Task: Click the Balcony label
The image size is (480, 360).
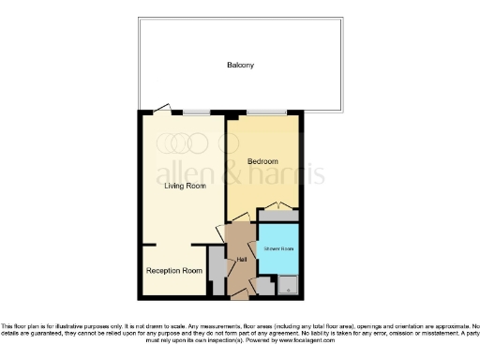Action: [x=240, y=66]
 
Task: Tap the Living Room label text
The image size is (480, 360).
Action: [x=185, y=186]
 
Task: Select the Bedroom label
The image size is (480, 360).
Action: [x=263, y=161]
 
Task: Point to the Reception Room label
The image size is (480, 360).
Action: [x=173, y=271]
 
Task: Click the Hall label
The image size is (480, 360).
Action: [x=242, y=259]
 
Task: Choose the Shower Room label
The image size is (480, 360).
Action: [x=279, y=248]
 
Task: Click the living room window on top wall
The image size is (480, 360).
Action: [x=195, y=112]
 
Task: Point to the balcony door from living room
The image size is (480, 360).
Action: [x=162, y=110]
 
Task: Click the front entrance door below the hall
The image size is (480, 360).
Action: [x=240, y=294]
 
